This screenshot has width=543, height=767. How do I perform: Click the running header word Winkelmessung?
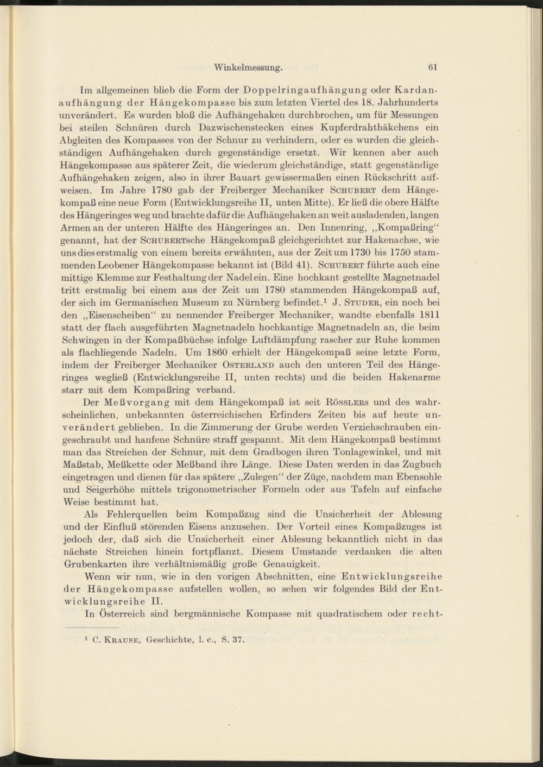pos(248,68)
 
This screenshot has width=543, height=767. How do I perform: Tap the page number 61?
pos(433,68)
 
